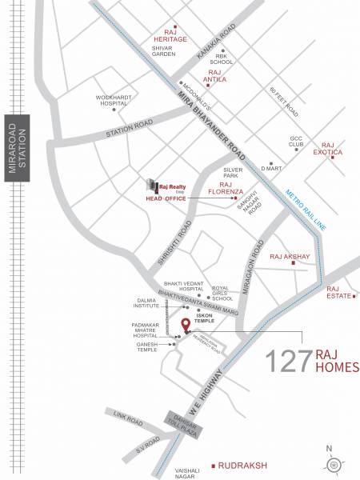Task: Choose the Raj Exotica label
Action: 327,147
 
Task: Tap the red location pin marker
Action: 186,325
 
